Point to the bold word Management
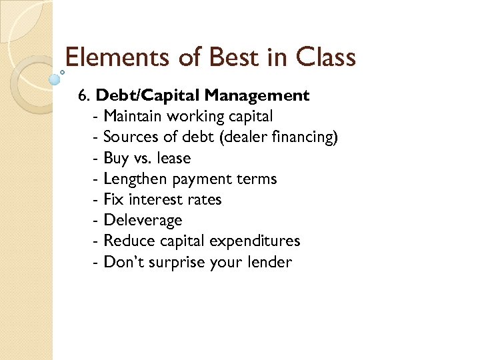coord(267,95)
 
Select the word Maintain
coord(133,117)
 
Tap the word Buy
coord(115,159)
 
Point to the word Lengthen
coord(136,179)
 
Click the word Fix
coord(113,199)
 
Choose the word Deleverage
coord(143,221)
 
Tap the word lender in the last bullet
coord(269,262)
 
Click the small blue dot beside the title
coord(55,78)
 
